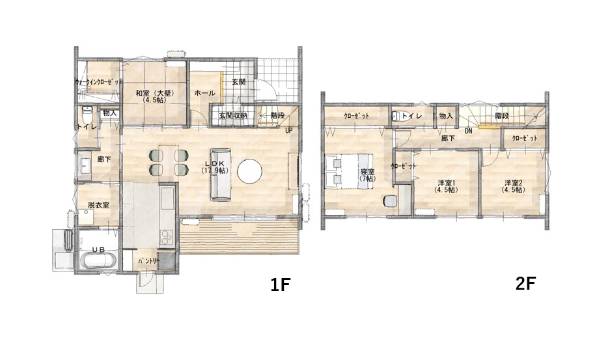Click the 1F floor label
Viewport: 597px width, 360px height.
click(x=281, y=284)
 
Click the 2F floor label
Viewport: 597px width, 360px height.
click(x=526, y=283)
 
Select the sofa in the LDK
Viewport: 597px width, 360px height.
click(x=221, y=174)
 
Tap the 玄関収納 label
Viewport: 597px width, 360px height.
click(x=233, y=115)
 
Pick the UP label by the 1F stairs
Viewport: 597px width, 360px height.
click(x=289, y=131)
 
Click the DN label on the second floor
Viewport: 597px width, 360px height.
click(x=469, y=131)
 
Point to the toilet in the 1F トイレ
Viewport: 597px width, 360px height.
click(x=87, y=113)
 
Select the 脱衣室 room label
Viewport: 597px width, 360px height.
click(x=98, y=204)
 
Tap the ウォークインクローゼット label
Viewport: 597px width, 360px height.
click(x=99, y=82)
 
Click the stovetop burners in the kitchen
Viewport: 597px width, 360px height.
click(x=167, y=238)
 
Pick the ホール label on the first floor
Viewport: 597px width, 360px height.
click(x=205, y=93)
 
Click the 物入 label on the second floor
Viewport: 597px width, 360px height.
click(x=446, y=116)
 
